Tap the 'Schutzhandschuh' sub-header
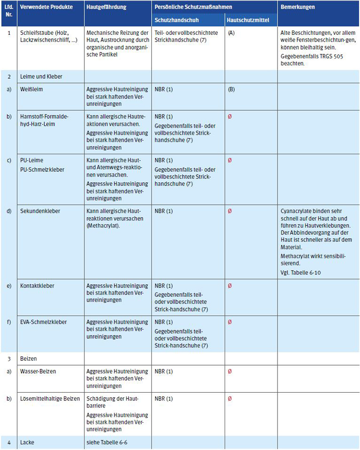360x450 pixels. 176,21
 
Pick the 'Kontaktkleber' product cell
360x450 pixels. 37,286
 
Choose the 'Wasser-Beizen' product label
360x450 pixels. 38,371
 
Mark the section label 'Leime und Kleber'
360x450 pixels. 42,76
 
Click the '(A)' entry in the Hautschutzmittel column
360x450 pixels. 231,33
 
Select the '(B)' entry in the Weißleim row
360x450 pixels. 231,89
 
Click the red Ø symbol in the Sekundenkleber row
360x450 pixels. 230,211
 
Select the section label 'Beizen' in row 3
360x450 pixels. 29,358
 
